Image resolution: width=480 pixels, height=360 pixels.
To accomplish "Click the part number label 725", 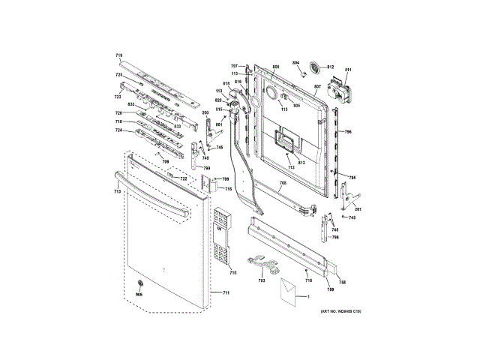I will (x=118, y=75).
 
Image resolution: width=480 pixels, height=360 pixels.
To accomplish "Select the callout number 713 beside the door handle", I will (x=117, y=193).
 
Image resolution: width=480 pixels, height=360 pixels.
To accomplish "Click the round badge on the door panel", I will (x=139, y=282).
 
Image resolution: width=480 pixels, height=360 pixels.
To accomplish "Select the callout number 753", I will (x=262, y=280).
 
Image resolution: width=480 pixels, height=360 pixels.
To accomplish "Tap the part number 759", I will (x=329, y=289).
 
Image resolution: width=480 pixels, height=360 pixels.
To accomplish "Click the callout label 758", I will (x=341, y=282).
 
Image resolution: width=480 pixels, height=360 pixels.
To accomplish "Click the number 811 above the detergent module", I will (x=348, y=70).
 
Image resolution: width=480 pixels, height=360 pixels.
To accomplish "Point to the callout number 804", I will (x=295, y=62).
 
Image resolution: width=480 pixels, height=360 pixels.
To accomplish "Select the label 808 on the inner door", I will (x=275, y=67).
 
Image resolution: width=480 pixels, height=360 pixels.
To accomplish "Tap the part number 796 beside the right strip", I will (x=347, y=132).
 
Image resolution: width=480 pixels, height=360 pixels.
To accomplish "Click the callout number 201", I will (x=358, y=208).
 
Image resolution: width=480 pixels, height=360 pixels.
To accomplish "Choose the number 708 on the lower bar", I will (x=283, y=184).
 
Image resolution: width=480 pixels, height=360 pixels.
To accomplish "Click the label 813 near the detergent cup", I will (x=301, y=163).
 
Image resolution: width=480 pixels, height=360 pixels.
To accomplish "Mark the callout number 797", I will (x=234, y=67).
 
